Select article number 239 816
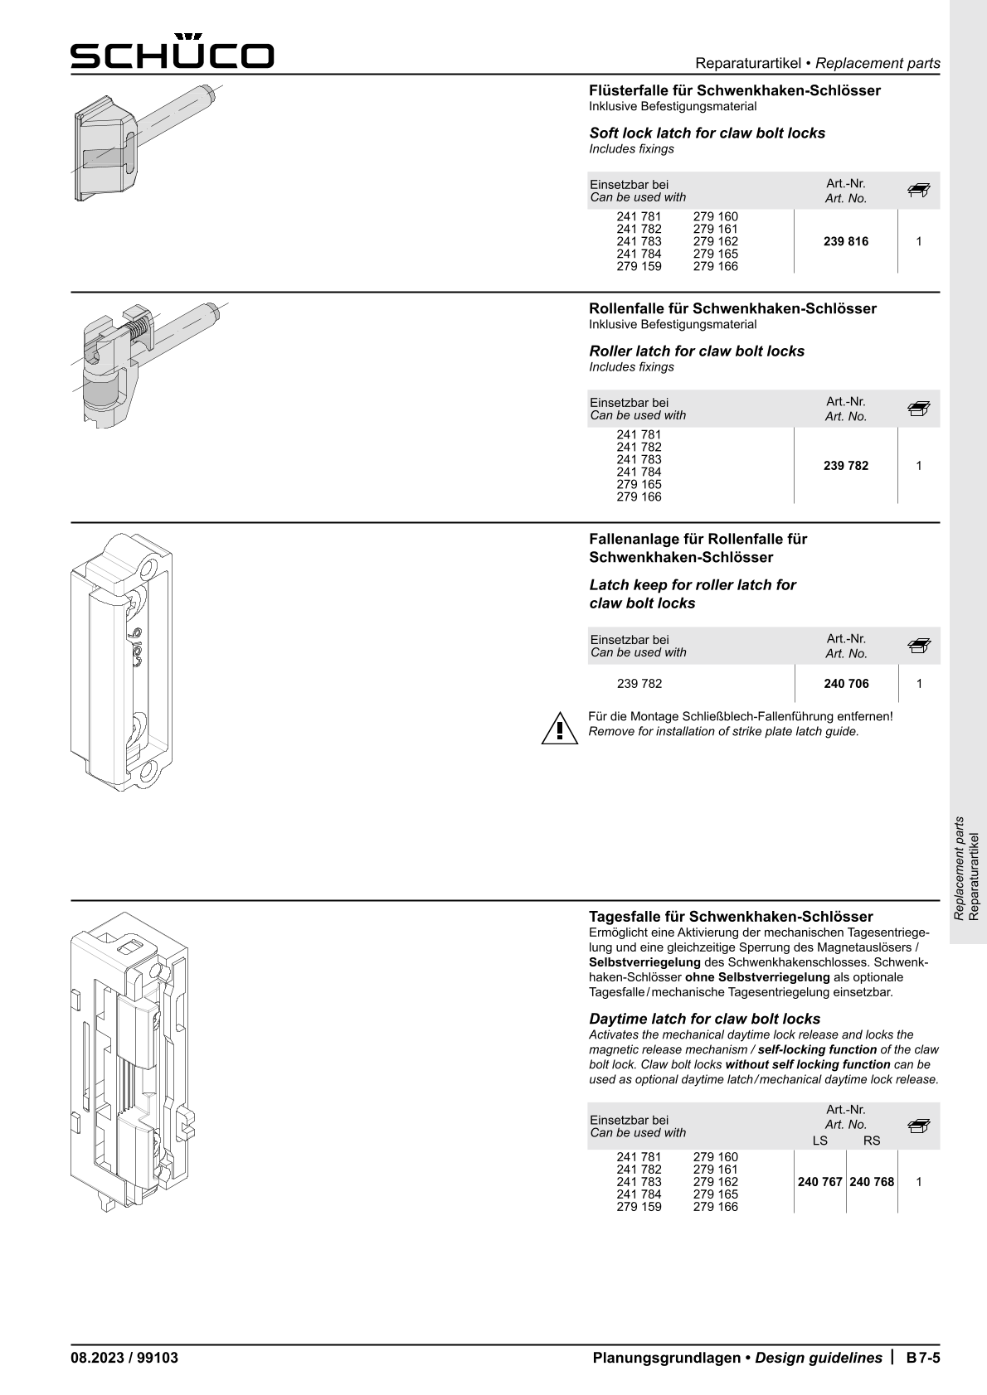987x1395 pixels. click(x=846, y=241)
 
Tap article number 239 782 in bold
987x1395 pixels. click(x=846, y=466)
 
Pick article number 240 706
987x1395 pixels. click(x=846, y=684)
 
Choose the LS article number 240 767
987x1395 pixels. click(x=819, y=1182)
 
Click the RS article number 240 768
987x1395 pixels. click(x=872, y=1182)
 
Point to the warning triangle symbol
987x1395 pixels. click(x=560, y=727)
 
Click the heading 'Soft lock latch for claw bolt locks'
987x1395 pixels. click(x=707, y=133)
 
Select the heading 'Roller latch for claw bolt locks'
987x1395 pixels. click(x=697, y=351)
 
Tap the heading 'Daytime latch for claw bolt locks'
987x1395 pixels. click(x=704, y=1019)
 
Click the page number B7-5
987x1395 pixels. click(x=922, y=1358)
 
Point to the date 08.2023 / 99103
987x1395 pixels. click(x=124, y=1358)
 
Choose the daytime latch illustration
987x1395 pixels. click(x=133, y=1061)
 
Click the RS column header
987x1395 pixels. click(x=872, y=1141)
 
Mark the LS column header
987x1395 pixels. click(x=819, y=1141)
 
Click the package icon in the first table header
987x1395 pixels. click(x=918, y=191)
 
